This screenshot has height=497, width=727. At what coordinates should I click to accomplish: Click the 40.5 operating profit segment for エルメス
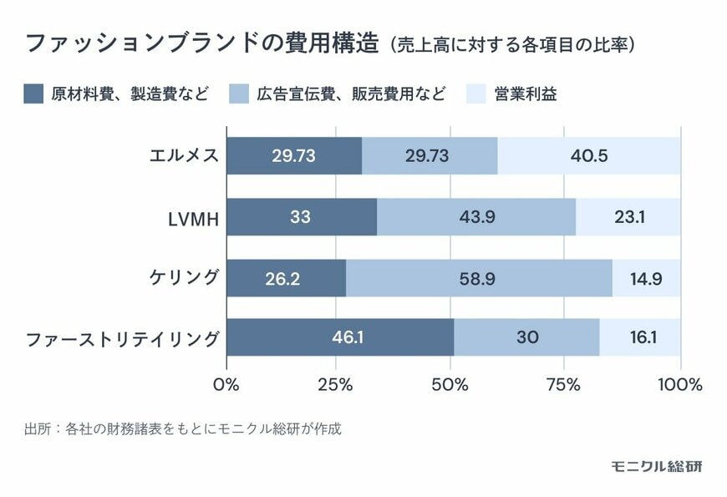590,155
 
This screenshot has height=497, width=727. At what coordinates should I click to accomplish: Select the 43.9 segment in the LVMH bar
475,217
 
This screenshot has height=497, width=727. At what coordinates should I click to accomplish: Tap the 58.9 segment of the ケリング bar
479,278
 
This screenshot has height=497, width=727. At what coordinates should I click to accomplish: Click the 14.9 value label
646,278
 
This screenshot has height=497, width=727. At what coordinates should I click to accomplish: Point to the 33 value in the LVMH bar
301,217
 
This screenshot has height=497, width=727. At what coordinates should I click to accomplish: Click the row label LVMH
194,218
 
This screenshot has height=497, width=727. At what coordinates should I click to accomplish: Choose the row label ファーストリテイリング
122,339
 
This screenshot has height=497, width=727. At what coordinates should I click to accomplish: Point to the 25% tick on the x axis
338,385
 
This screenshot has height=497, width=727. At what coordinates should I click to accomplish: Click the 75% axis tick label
564,385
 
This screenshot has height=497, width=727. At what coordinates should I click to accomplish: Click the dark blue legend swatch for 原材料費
33,94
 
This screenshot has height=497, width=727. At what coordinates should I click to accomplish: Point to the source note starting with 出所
183,430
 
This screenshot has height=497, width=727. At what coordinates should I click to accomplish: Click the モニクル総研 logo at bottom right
657,465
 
